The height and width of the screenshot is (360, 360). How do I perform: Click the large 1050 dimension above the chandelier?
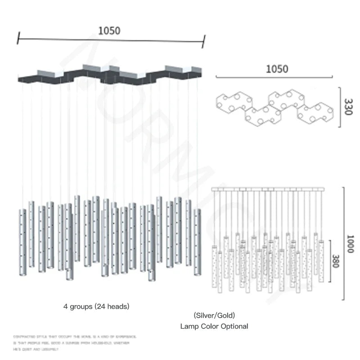109,31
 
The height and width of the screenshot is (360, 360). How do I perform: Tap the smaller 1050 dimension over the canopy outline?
277,69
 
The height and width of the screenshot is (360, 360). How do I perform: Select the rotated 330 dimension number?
347,107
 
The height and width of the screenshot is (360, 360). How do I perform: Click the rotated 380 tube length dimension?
335,260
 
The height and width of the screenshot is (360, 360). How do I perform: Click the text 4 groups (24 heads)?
96,306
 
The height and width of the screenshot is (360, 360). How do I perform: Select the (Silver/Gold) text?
214,315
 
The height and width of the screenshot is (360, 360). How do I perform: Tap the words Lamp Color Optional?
214,326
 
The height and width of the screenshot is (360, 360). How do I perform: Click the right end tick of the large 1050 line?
203,41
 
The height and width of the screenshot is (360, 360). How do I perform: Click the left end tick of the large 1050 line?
18,38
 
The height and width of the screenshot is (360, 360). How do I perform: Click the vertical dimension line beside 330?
339,107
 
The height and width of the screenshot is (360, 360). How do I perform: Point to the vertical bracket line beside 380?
330,260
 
